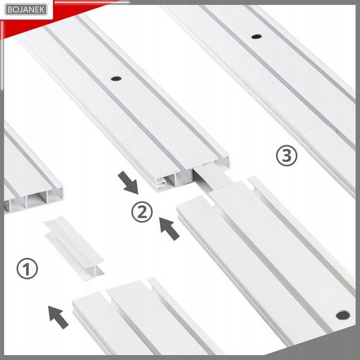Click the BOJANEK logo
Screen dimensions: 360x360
(x=26, y=10)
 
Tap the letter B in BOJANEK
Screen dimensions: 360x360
(x=10, y=10)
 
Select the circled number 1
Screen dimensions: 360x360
(x=27, y=269)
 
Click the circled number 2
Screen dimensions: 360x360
(x=142, y=212)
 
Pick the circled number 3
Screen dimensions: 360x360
(x=287, y=156)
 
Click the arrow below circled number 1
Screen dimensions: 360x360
(x=58, y=317)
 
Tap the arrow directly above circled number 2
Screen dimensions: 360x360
(x=128, y=182)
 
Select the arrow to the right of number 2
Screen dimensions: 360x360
(x=169, y=228)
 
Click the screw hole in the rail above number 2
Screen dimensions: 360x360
(x=116, y=78)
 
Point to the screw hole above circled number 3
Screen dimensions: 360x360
(x=256, y=37)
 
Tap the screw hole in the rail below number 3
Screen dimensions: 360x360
(x=343, y=315)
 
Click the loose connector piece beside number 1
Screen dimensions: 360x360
(x=74, y=248)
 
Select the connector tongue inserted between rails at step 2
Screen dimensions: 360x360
(x=210, y=178)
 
